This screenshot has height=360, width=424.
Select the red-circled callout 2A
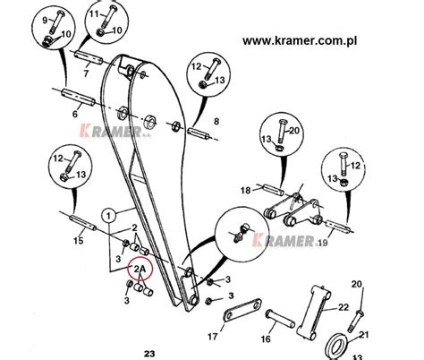point(140,268)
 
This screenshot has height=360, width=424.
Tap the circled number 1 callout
point(108,215)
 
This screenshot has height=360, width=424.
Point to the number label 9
point(45,20)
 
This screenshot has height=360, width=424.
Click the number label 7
point(85,73)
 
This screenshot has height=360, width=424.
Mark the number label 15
point(78,240)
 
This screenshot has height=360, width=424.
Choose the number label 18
point(246,190)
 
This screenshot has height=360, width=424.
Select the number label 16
point(267,339)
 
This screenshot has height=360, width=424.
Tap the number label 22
point(343,308)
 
